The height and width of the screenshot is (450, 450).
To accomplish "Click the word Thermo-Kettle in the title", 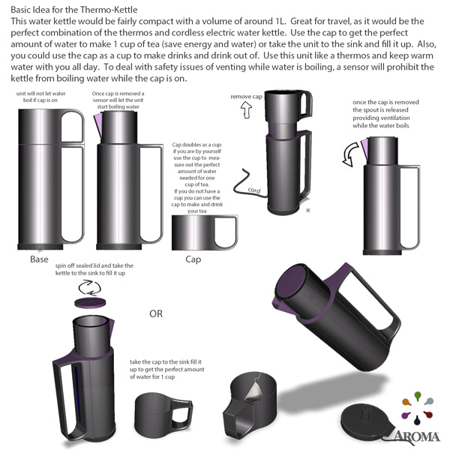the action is click(x=109, y=10).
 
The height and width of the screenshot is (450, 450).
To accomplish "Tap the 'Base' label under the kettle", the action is click(x=39, y=259).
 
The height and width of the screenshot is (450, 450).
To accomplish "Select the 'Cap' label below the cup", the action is click(x=193, y=259).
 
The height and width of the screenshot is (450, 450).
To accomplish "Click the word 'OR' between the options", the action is click(x=156, y=313).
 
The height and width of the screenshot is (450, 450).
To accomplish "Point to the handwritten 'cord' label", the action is click(x=254, y=190).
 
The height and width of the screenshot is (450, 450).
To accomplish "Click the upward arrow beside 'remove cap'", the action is click(x=246, y=110).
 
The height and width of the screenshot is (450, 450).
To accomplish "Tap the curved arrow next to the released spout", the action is click(x=351, y=154).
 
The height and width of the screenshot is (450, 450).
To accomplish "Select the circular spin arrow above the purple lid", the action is click(x=90, y=288).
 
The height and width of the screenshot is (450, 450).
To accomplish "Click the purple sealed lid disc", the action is click(x=90, y=303).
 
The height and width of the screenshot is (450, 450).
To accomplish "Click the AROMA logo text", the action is click(x=417, y=436).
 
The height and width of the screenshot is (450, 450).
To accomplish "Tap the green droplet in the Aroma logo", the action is click(x=418, y=396).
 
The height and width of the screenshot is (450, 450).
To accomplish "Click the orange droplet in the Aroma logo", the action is click(x=406, y=402).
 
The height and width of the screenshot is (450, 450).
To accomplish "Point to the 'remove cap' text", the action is click(x=246, y=97).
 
